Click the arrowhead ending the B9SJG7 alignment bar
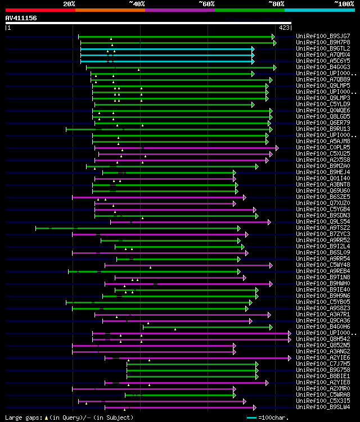click(274, 37)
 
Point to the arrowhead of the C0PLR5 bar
click(277, 148)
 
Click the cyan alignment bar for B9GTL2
click(169, 49)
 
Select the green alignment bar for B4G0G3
click(180, 67)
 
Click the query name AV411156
click(21, 18)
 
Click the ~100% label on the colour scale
click(343, 4)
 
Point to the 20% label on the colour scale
click(69, 4)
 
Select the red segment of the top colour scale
click(40, 10)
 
